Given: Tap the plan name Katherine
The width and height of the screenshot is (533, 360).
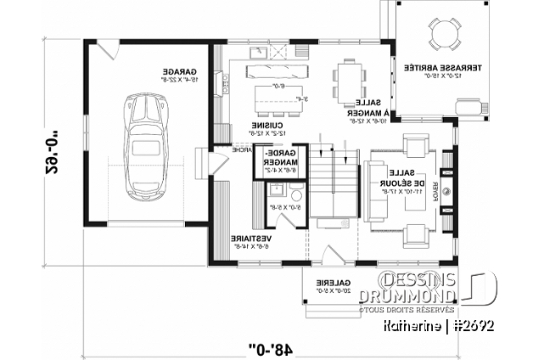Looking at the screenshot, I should coord(432,325).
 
